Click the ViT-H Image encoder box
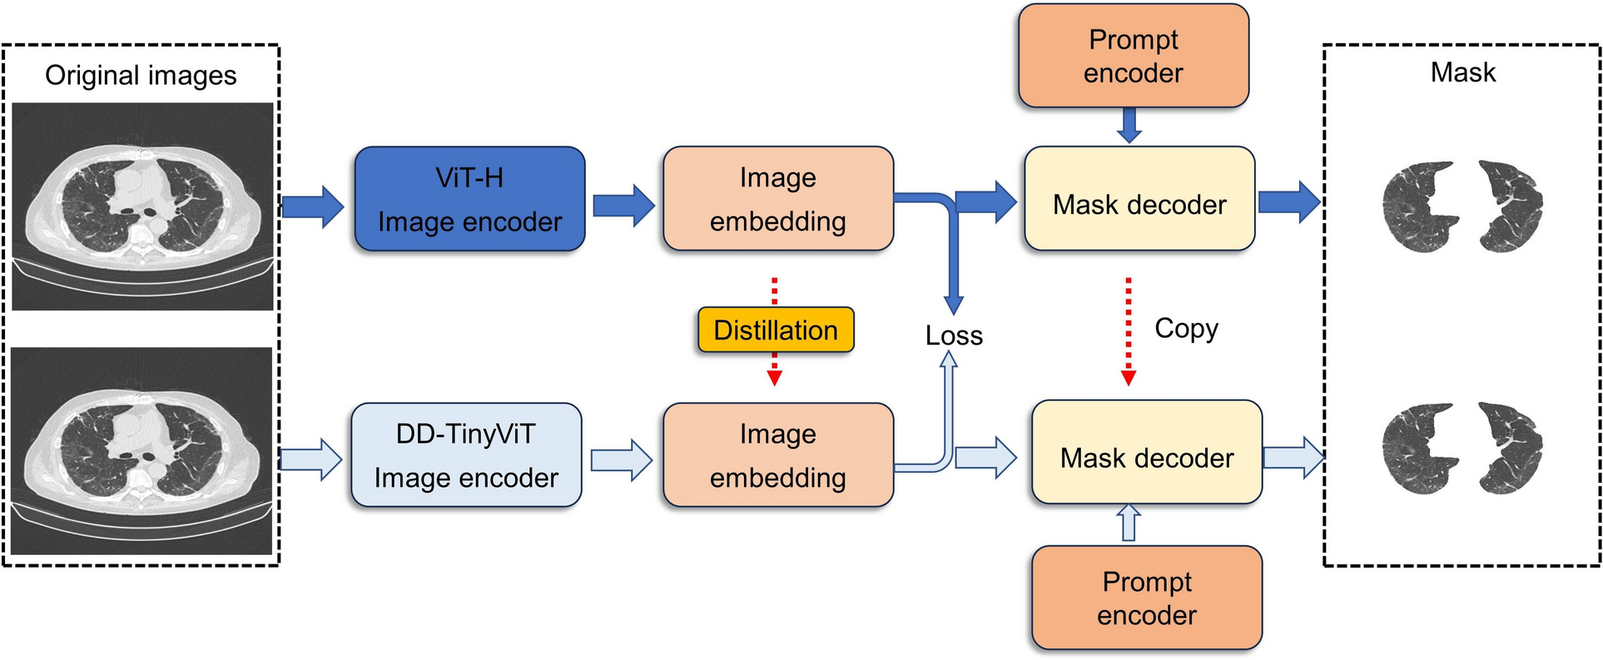469,199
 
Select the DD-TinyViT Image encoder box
466,455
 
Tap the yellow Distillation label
776,330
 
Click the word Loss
954,335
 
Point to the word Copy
1186,329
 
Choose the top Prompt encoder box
1133,57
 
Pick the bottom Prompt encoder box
1146,598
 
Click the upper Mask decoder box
1139,200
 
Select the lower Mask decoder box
1146,453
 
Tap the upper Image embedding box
777,199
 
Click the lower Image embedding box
777,455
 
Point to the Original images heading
141,76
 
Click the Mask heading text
1462,73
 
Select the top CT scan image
142,206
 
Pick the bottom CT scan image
142,450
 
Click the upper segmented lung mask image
1462,206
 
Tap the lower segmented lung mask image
1462,449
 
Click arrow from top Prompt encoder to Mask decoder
1129,125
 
